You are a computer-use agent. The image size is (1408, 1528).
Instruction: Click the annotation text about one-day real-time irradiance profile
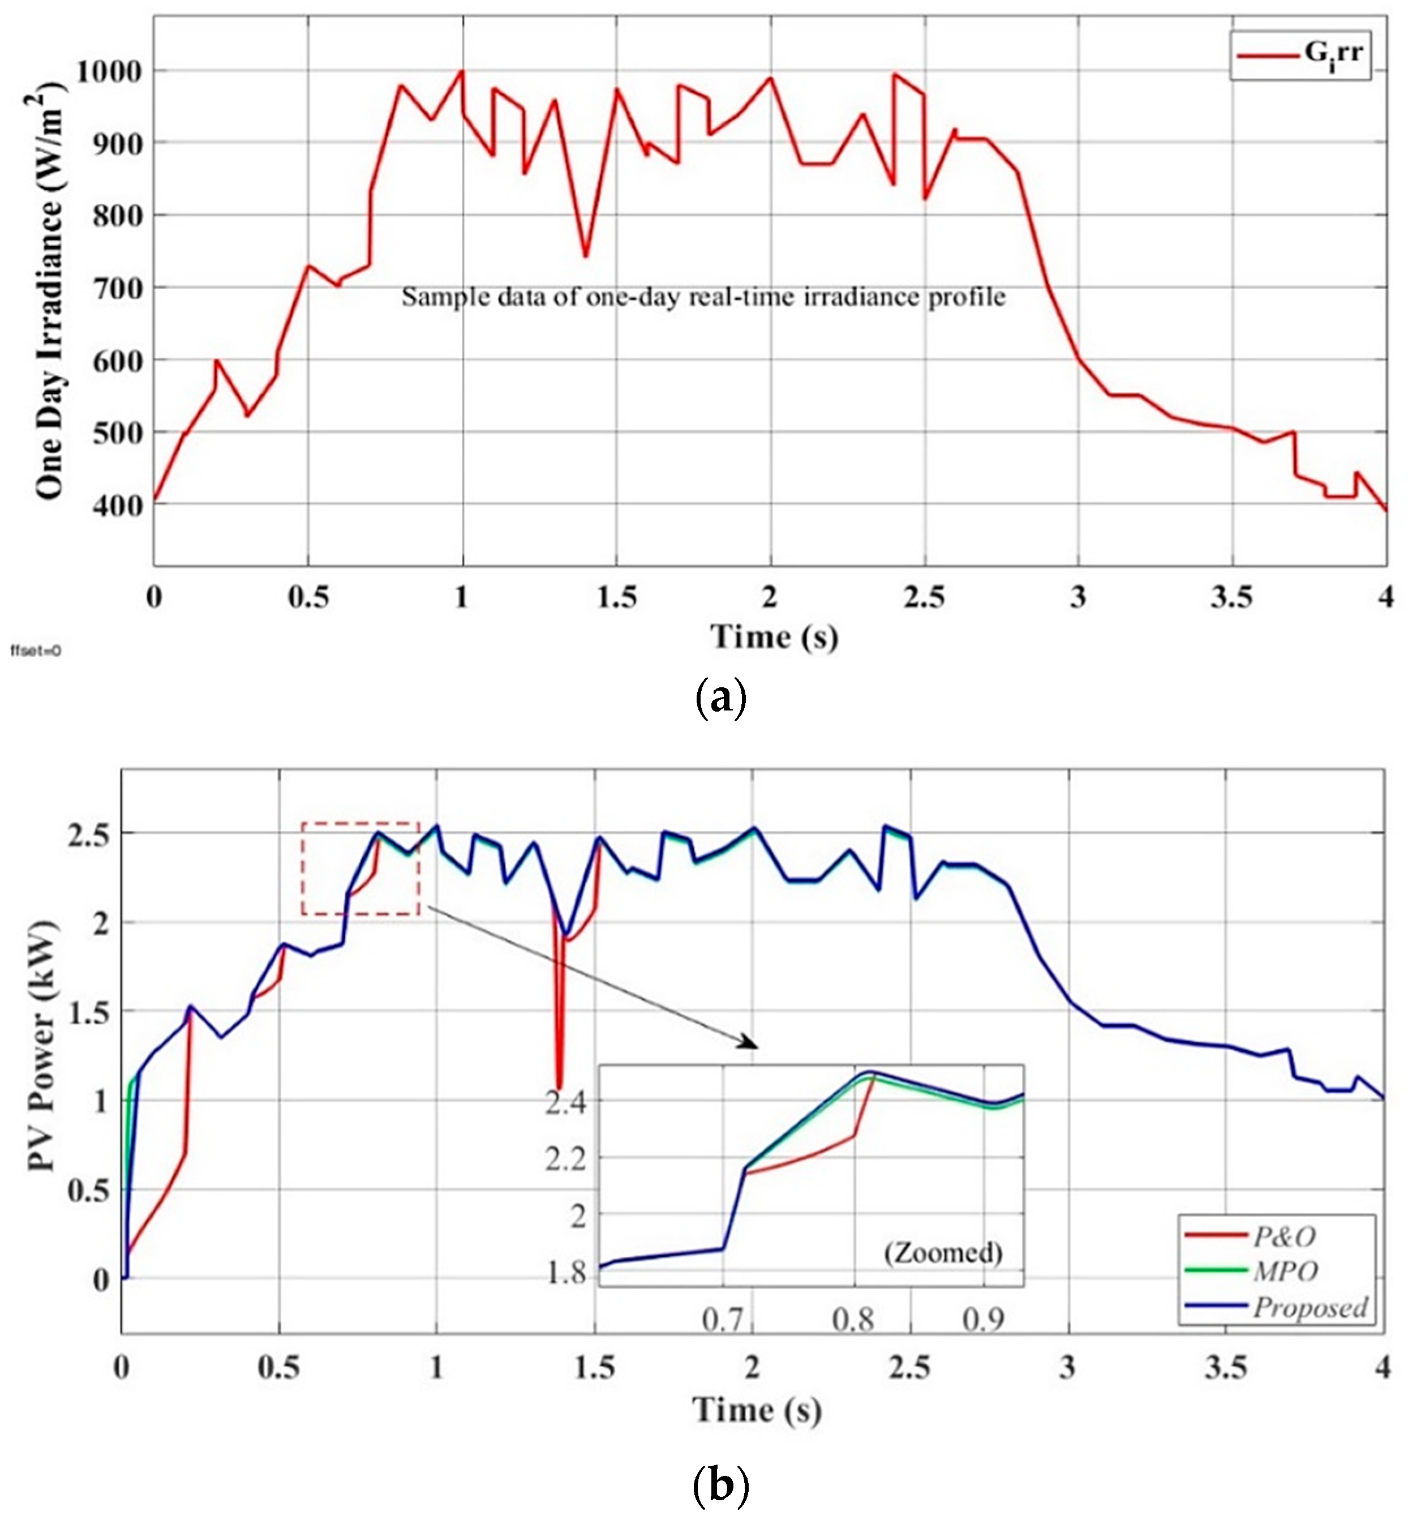coord(703,297)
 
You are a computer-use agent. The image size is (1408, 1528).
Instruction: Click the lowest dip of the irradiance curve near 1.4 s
coord(585,255)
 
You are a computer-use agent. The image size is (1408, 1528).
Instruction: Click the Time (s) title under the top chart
coord(774,636)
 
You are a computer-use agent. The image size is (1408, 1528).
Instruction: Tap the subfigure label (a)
coord(721,697)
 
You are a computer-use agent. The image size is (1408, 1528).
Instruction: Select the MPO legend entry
coord(1284,1271)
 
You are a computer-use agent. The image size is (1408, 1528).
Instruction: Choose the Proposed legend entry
coord(1310,1307)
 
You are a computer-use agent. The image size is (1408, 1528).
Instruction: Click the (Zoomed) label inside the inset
coord(942,1252)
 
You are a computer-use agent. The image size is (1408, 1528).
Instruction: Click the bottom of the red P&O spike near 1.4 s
coord(559,1086)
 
